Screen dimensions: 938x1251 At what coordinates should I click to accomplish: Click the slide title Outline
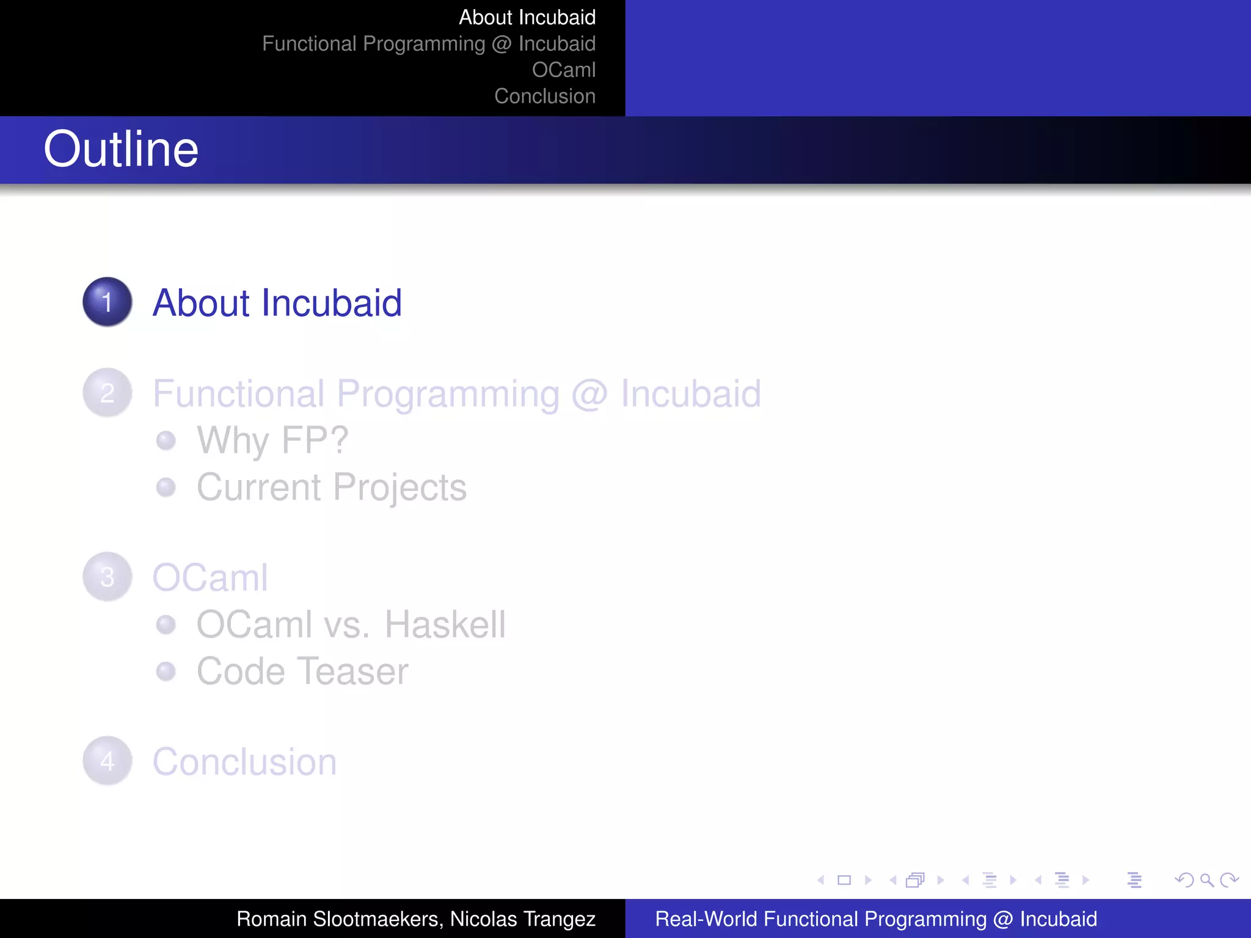coord(121,149)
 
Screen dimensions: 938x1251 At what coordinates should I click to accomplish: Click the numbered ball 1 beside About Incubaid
coord(108,302)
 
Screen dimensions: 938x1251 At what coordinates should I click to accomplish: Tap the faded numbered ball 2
coord(108,393)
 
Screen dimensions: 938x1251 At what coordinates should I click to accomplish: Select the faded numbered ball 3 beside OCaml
coord(108,576)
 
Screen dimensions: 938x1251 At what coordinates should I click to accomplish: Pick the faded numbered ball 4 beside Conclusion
coord(108,761)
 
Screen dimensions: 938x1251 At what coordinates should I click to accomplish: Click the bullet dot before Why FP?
coord(166,440)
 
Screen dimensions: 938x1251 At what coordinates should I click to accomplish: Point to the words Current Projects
coord(331,487)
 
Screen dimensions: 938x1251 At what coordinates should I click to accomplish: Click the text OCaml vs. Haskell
coord(351,624)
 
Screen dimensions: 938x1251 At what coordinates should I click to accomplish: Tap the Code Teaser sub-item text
coord(302,671)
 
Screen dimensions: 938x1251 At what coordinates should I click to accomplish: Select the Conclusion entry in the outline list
coord(244,762)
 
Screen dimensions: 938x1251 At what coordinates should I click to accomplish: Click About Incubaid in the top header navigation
coord(527,17)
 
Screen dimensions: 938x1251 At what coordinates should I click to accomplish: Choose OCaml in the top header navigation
coord(563,70)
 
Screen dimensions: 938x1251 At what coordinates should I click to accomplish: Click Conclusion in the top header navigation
coord(544,96)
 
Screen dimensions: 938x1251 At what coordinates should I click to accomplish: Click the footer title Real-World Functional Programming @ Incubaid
coord(875,918)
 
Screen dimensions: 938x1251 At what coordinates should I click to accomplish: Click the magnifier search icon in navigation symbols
coord(1206,880)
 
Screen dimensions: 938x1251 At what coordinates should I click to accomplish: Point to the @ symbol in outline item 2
coord(589,394)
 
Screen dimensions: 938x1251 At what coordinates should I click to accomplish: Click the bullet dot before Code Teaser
coord(166,671)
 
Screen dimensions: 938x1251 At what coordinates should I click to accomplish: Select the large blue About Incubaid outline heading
coord(277,302)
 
